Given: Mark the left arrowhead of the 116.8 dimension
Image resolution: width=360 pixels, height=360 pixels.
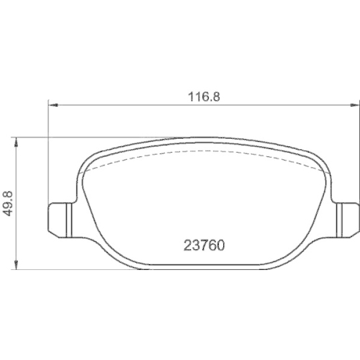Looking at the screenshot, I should pos(51,105).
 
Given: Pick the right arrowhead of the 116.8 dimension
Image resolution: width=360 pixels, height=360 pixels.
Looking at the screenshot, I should pos(352,105).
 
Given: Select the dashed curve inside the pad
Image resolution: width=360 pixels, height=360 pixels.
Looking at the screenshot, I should pos(202,153).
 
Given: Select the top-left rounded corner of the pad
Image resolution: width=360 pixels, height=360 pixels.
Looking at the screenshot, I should pos(87,159).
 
